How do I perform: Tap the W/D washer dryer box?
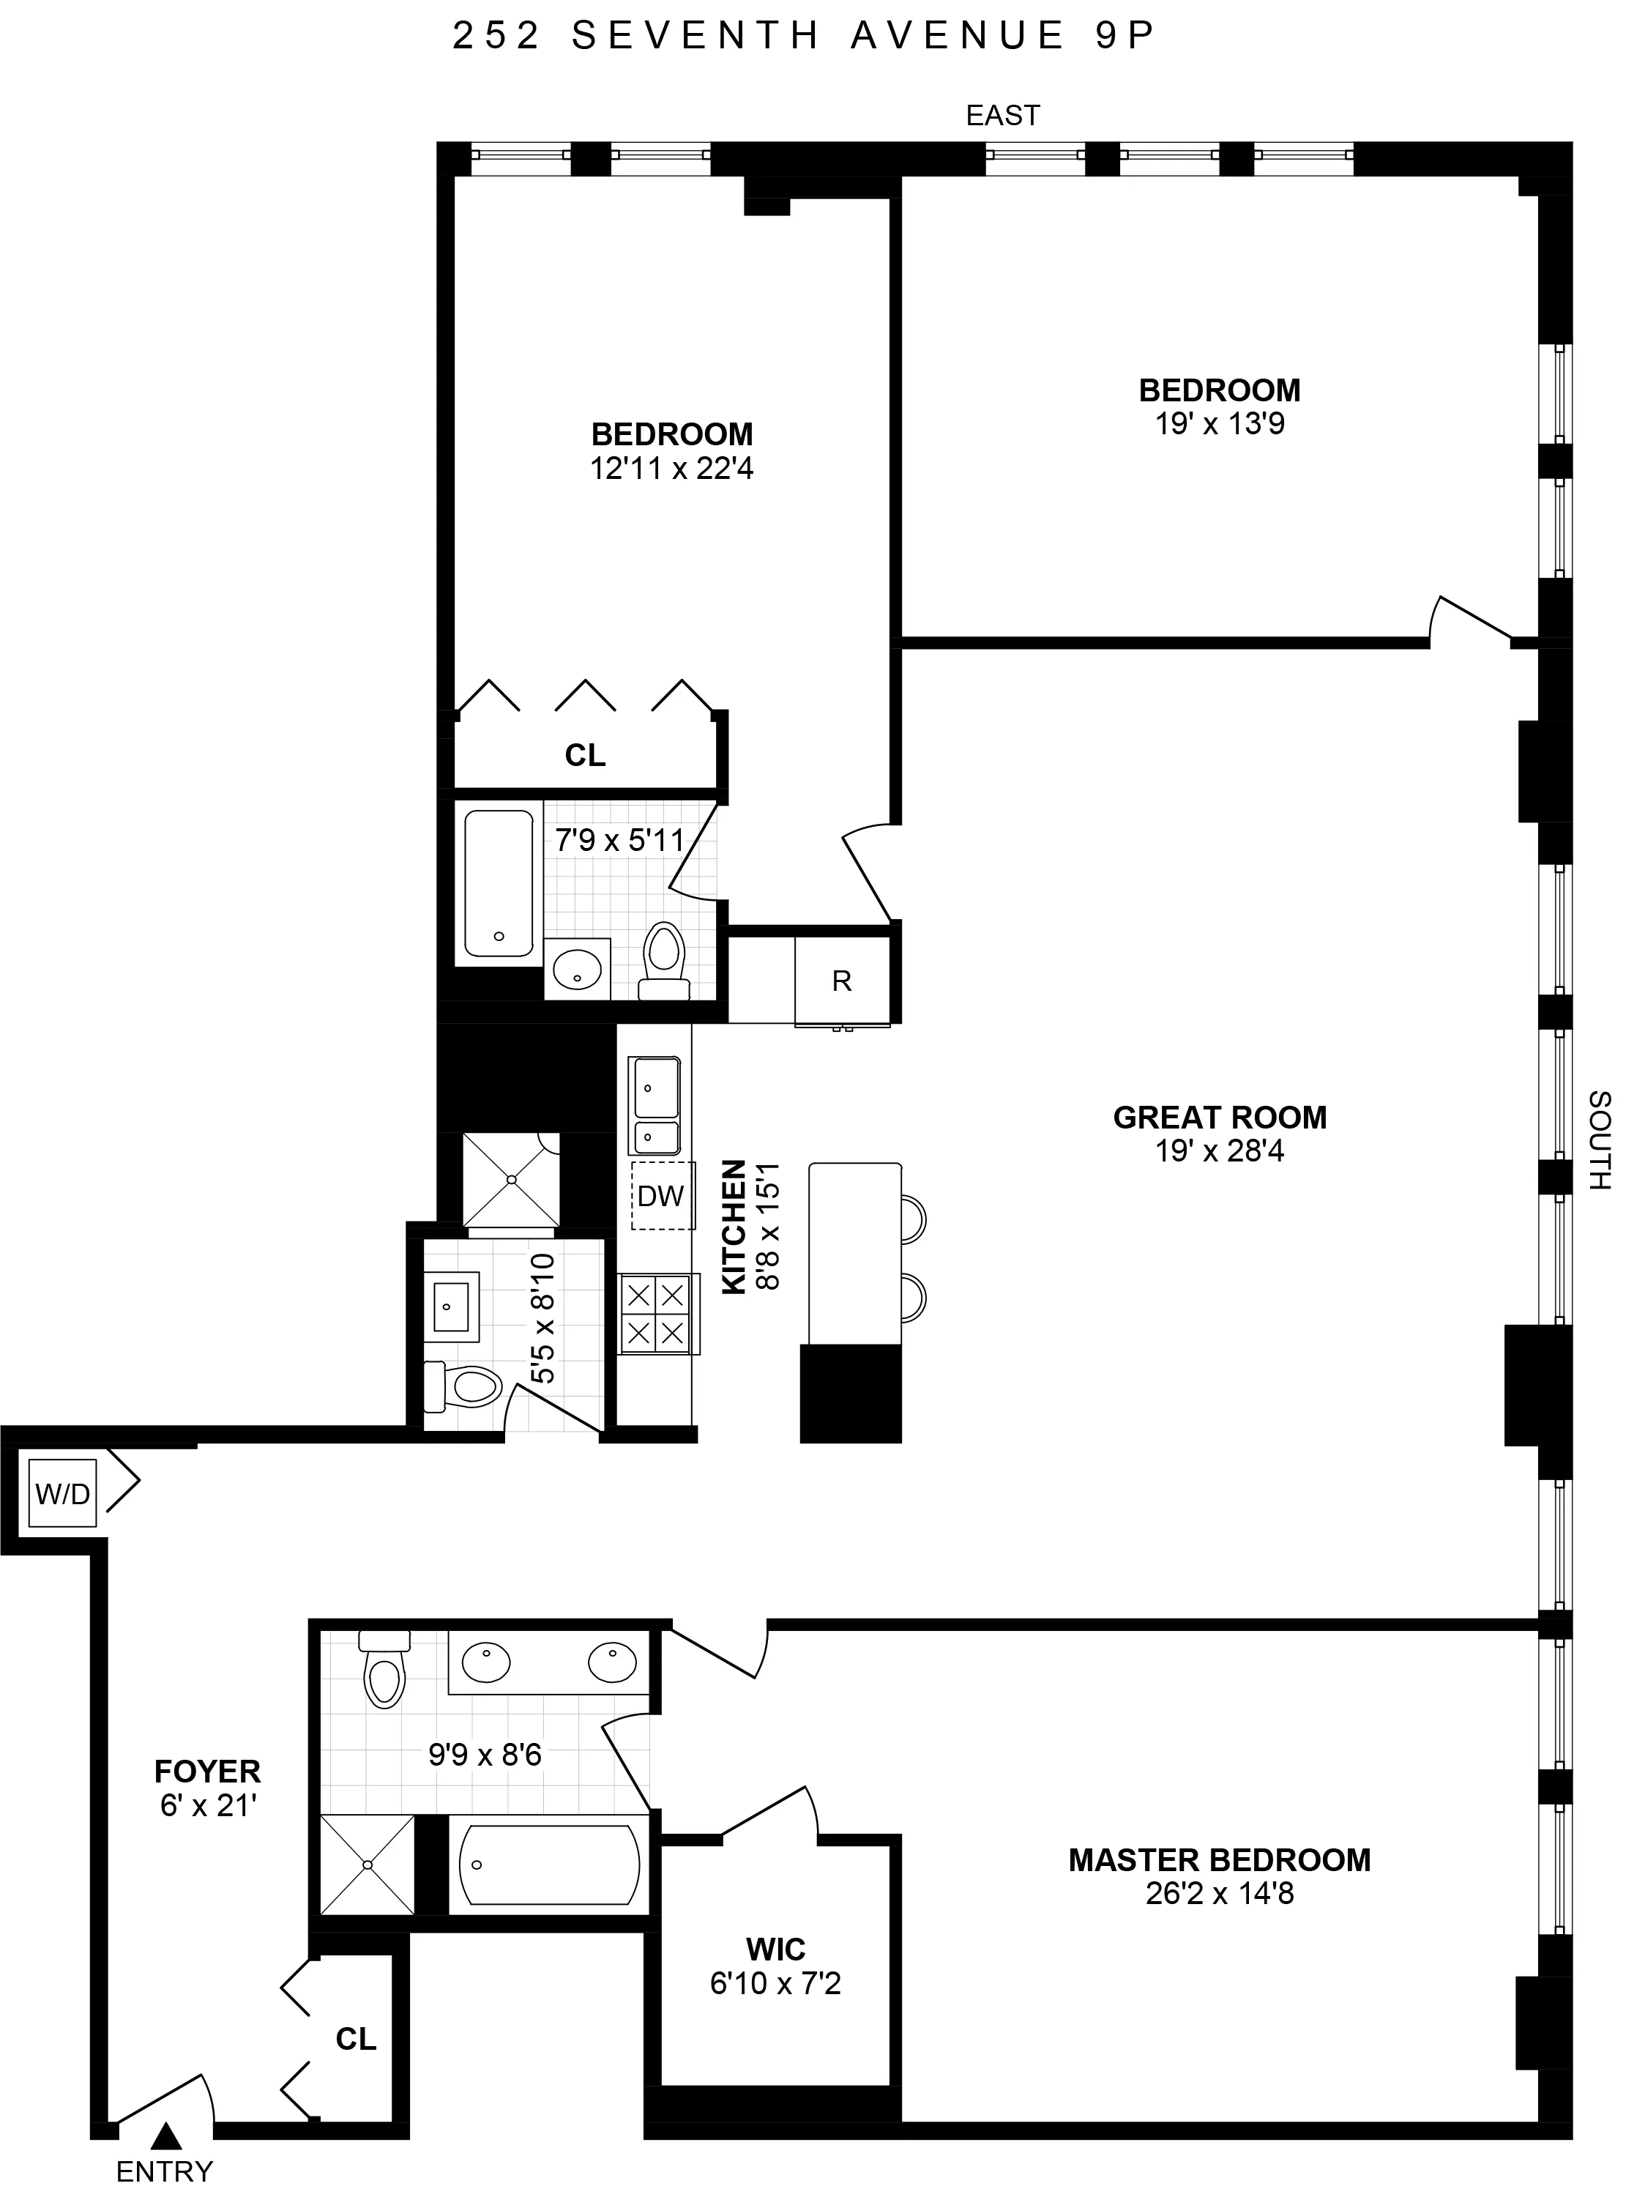coord(63,1493)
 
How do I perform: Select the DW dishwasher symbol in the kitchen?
coord(660,1196)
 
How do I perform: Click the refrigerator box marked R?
coord(841,981)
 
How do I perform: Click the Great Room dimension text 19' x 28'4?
coord(1220,1150)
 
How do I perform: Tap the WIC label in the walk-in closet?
coord(775,1949)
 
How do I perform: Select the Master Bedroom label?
coord(1220,1859)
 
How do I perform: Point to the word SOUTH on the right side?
coord(1600,1140)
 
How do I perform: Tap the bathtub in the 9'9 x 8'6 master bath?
coord(549,1865)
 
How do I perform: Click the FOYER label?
coord(208,1771)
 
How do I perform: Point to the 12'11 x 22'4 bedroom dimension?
coord(671,469)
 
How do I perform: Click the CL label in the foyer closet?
coord(355,2039)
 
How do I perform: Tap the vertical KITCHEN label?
coord(734,1225)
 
